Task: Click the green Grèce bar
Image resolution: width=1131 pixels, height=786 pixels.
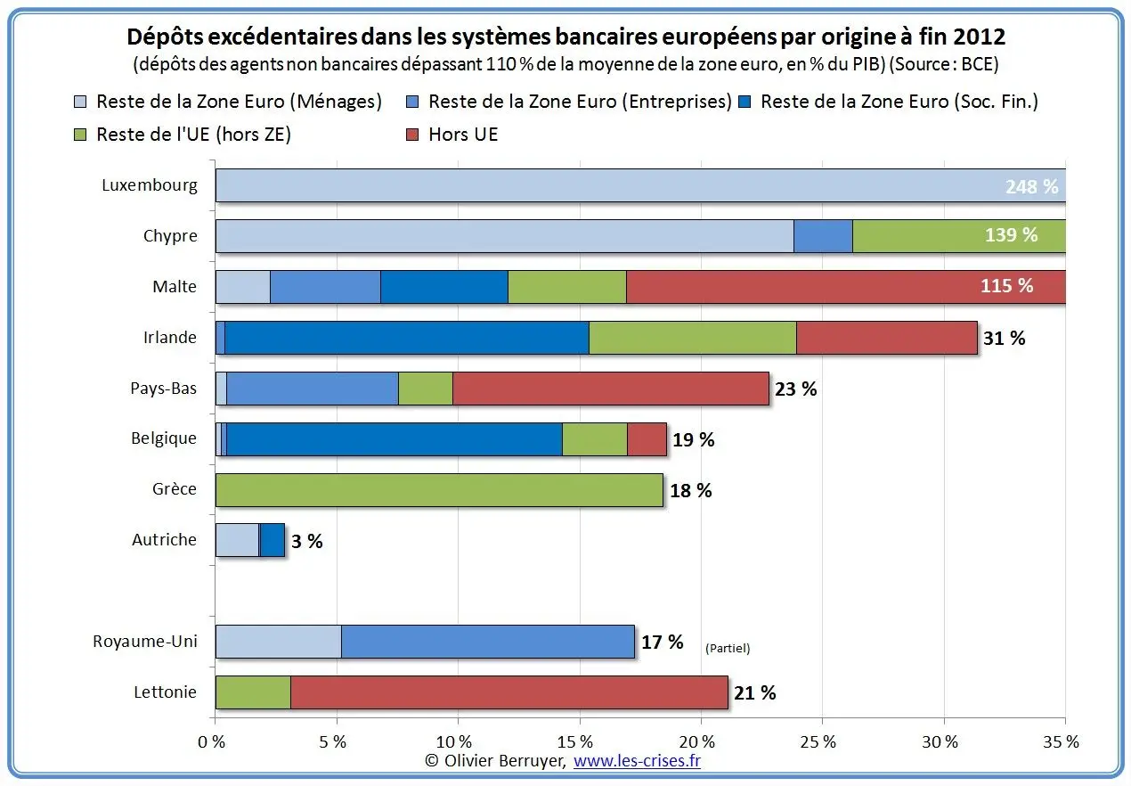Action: click(439, 490)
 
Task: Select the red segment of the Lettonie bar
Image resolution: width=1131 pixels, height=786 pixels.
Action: click(509, 692)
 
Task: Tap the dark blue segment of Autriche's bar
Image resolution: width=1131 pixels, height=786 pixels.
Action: click(273, 541)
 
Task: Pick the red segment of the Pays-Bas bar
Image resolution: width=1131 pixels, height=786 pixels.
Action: click(611, 389)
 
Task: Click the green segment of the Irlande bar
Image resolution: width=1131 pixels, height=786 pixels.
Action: click(693, 338)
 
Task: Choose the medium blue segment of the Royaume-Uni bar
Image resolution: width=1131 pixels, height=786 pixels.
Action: click(488, 642)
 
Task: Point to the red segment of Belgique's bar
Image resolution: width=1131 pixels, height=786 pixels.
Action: click(647, 439)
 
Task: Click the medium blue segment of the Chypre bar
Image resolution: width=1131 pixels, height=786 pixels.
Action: click(823, 236)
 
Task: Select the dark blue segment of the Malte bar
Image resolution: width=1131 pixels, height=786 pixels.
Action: click(444, 287)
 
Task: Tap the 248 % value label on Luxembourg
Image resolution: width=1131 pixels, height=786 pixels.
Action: click(1032, 186)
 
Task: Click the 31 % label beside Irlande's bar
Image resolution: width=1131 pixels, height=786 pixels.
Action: click(1005, 338)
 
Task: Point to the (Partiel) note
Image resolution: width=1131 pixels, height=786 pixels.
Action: click(728, 648)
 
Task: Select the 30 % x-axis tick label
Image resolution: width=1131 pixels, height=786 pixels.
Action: click(940, 742)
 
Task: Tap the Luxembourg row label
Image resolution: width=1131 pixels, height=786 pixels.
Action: click(150, 185)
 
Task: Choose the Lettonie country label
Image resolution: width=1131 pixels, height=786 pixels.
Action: click(165, 692)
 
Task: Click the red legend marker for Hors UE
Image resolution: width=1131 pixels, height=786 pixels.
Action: click(412, 135)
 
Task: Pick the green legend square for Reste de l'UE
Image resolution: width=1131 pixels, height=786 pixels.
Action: click(80, 135)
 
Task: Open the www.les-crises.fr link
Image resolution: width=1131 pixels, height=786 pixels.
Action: click(638, 761)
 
